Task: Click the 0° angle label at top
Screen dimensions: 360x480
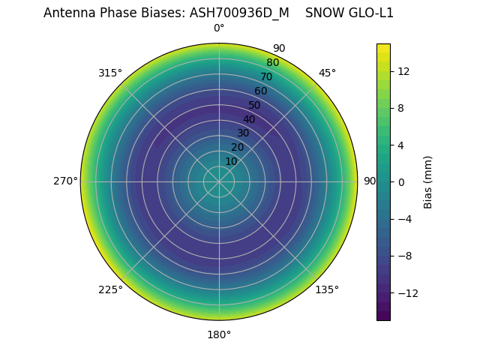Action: (219, 28)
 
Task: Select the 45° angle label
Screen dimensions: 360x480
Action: (327, 73)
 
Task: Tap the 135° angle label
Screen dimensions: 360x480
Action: (327, 289)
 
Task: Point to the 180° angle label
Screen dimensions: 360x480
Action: (219, 334)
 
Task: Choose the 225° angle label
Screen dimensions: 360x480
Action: (110, 289)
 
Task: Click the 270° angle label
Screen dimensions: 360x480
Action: (65, 181)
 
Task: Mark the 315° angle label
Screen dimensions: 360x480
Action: (110, 73)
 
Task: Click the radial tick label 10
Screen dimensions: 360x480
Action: (231, 161)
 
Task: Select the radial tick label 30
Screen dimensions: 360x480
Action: (243, 133)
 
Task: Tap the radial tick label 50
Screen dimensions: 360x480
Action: (255, 105)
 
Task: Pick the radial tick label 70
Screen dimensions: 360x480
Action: (266, 76)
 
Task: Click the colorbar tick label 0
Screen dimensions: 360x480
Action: (401, 182)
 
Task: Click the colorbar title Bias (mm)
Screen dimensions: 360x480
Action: (428, 182)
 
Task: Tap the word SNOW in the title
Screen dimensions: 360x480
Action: (322, 13)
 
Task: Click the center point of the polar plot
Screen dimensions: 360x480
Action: (219, 181)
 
